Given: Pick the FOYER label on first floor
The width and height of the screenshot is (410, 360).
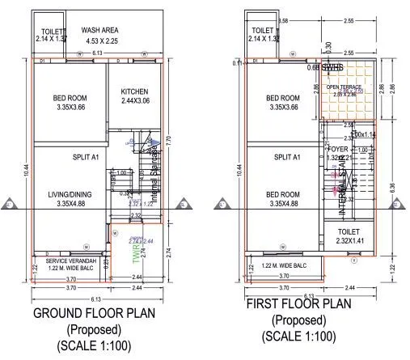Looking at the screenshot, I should coord(338,148).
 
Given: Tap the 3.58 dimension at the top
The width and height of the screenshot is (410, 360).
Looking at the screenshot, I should coord(283,19).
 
